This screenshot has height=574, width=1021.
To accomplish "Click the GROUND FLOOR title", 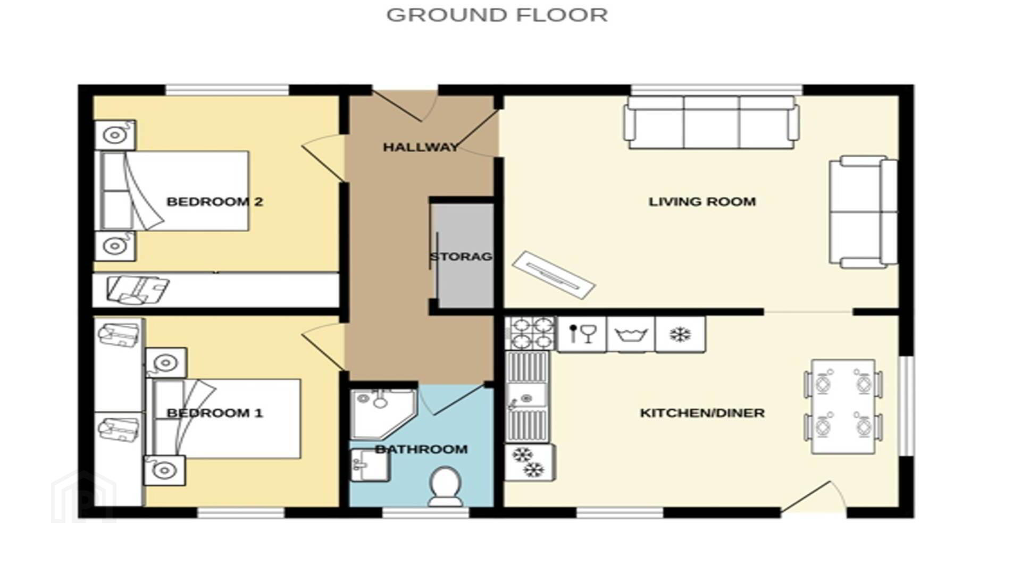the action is coord(497,15).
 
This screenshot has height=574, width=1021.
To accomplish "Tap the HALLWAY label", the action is coord(421,147).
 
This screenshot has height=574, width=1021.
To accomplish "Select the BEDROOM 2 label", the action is coord(215,202).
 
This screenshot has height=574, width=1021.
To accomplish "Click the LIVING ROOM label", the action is coord(702,202).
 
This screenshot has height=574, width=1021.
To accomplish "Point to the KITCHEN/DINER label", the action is coord(702,413).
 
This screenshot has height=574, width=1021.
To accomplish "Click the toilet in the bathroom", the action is coord(445,486).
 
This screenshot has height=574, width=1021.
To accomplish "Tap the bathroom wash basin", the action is coord(370,466).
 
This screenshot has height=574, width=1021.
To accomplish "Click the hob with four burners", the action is coord(530,333).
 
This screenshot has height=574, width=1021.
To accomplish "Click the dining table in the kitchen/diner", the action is coord(843,407).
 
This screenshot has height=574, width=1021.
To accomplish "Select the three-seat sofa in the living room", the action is coord(712,123).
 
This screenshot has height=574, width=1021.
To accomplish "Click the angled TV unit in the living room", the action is coord(554,275).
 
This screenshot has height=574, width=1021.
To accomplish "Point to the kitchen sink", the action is coord(527,398).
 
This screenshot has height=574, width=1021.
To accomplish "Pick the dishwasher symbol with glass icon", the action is coord(582,334).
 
